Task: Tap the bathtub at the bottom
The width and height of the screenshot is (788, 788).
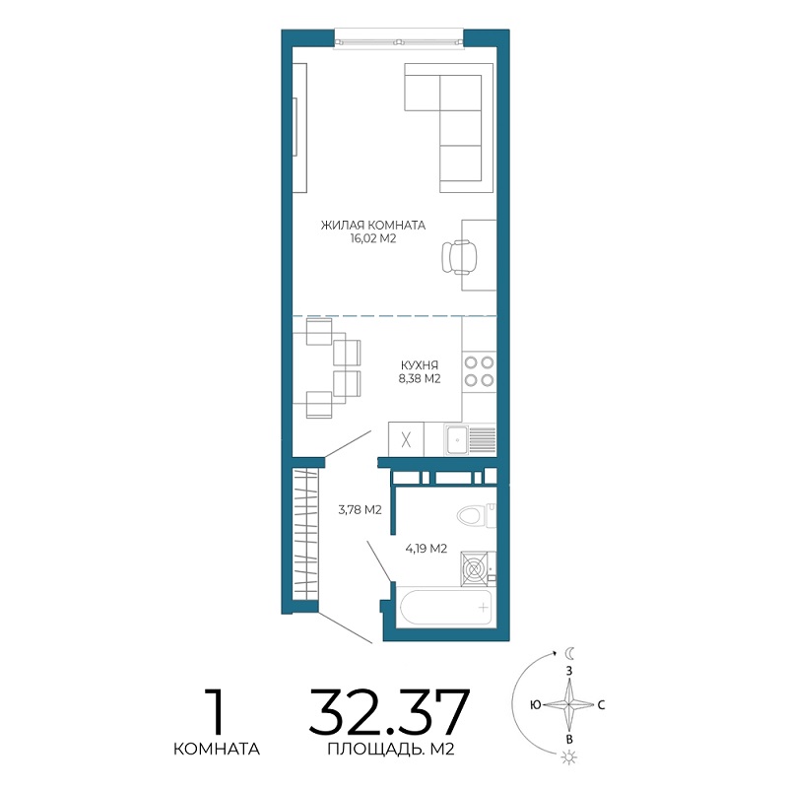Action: tap(444, 607)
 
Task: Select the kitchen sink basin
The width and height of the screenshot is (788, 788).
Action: tap(457, 439)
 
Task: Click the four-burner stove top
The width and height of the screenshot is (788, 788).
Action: tap(479, 371)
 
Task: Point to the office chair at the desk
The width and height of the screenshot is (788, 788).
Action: tap(459, 257)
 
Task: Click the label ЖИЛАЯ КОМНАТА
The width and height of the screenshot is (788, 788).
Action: tap(373, 226)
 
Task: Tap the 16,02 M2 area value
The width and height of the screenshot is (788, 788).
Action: tap(373, 238)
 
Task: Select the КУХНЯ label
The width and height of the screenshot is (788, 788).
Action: tap(420, 365)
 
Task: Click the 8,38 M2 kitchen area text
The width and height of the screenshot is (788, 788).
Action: tap(420, 379)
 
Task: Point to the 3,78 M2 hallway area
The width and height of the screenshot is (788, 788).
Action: tap(360, 510)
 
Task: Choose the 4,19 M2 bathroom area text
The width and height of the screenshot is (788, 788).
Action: tap(427, 549)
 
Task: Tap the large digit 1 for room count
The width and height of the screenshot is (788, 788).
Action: tap(215, 711)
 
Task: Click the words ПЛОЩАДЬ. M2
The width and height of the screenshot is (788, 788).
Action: tap(391, 750)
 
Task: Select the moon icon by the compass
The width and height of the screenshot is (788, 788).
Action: tap(569, 653)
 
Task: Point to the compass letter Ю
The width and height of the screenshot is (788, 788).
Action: tap(535, 705)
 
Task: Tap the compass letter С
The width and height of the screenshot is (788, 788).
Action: tap(601, 705)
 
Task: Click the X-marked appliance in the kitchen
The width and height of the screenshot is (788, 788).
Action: tap(406, 439)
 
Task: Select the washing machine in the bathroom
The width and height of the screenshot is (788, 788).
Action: tap(475, 569)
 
